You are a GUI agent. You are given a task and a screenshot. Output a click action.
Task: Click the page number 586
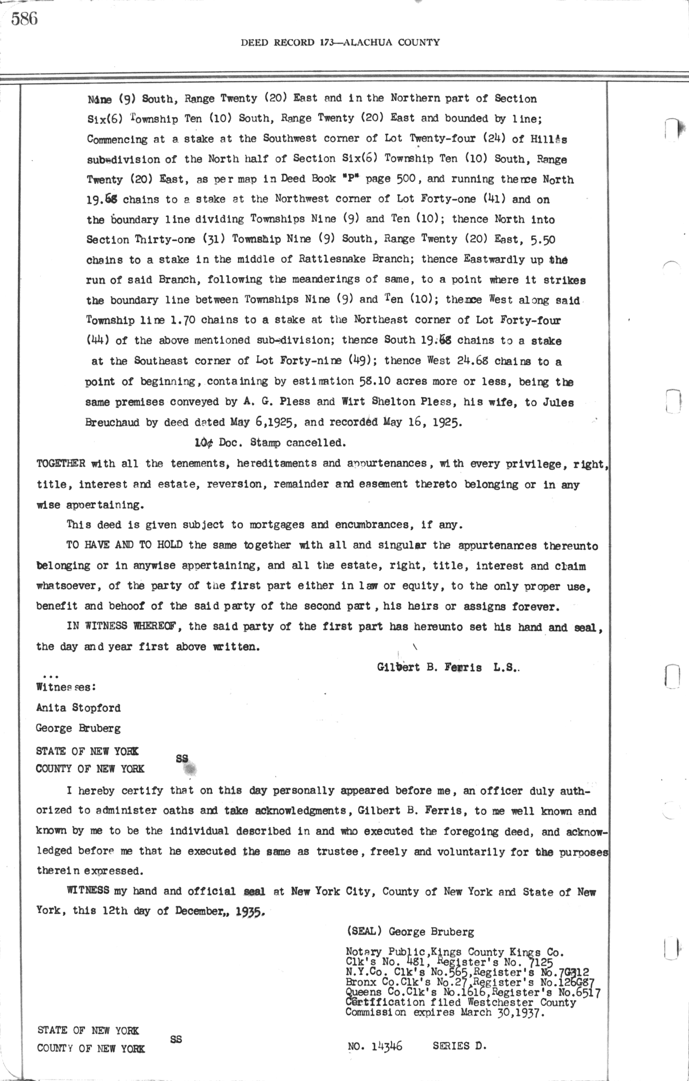(x=24, y=20)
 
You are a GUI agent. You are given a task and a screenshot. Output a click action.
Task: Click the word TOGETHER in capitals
(x=61, y=463)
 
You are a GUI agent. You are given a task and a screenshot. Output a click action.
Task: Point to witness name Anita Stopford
(x=78, y=707)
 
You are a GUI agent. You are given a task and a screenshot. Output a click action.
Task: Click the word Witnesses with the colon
(x=65, y=686)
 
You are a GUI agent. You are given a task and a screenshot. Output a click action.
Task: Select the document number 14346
(x=386, y=1047)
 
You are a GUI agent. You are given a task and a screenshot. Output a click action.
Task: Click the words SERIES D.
(x=459, y=1046)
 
